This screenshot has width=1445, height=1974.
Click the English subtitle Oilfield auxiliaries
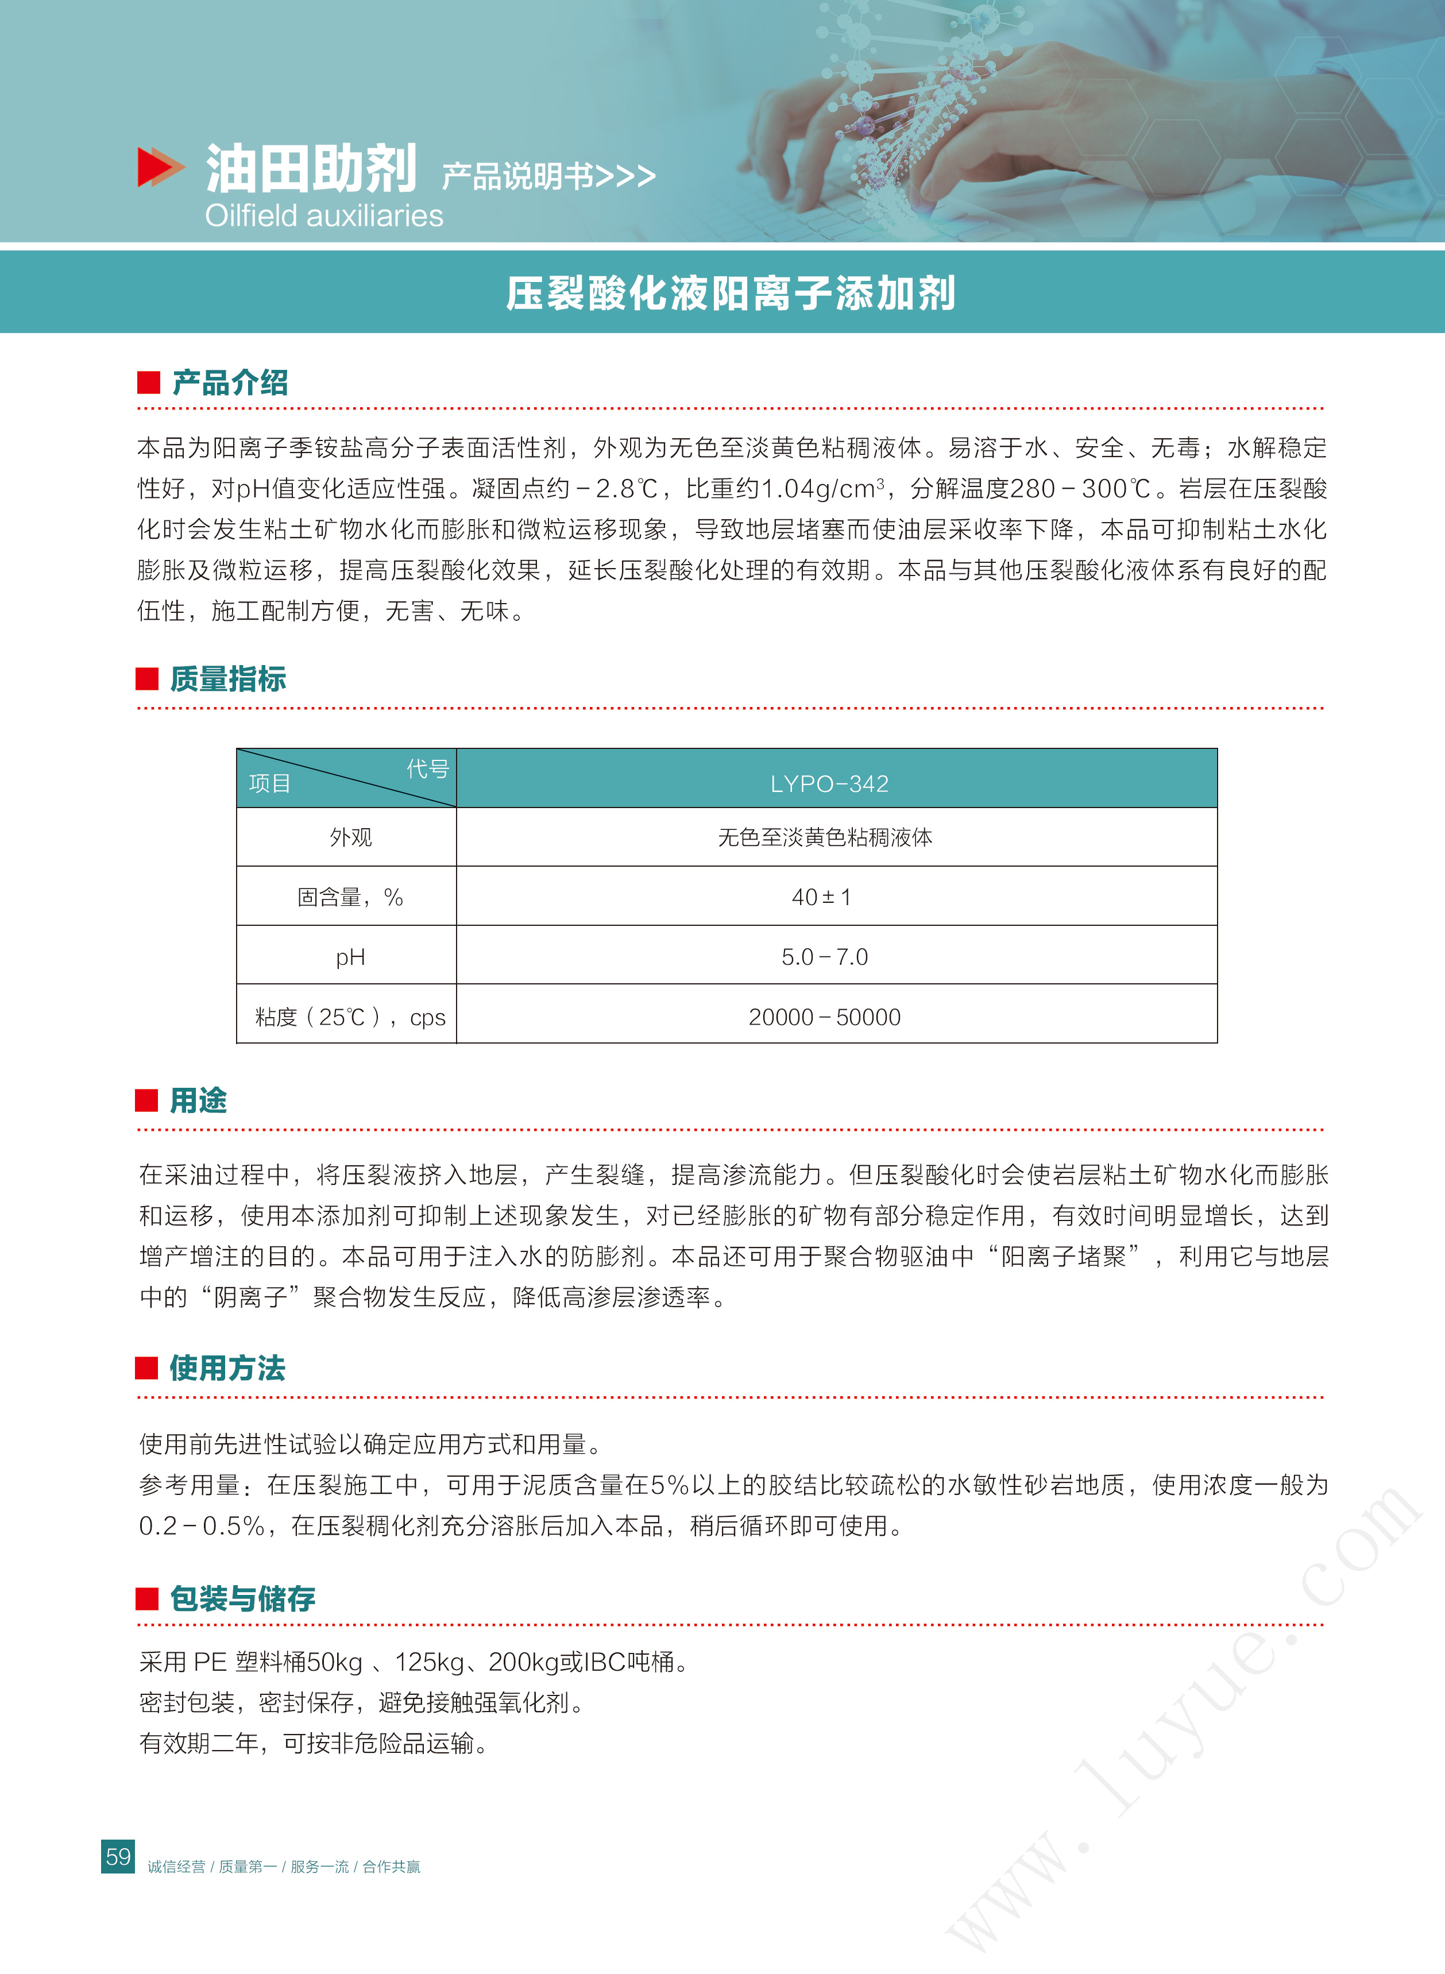(x=324, y=215)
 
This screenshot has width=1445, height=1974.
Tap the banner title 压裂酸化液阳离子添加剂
(x=731, y=293)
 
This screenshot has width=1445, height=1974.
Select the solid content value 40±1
(x=821, y=897)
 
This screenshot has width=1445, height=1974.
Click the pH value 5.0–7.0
(x=824, y=957)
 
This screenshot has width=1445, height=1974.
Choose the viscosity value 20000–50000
(x=824, y=1017)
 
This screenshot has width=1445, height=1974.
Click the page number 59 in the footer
(x=118, y=1856)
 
